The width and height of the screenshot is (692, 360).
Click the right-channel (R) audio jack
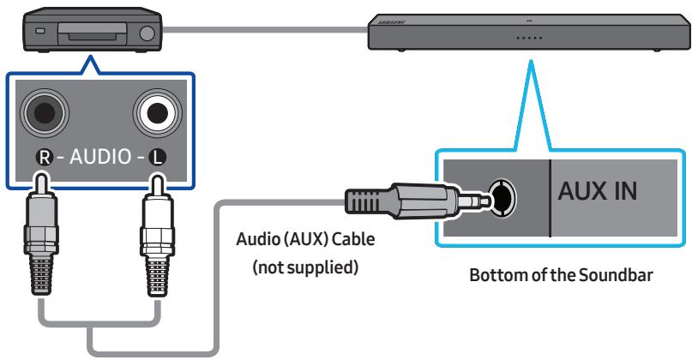(x=42, y=111)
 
